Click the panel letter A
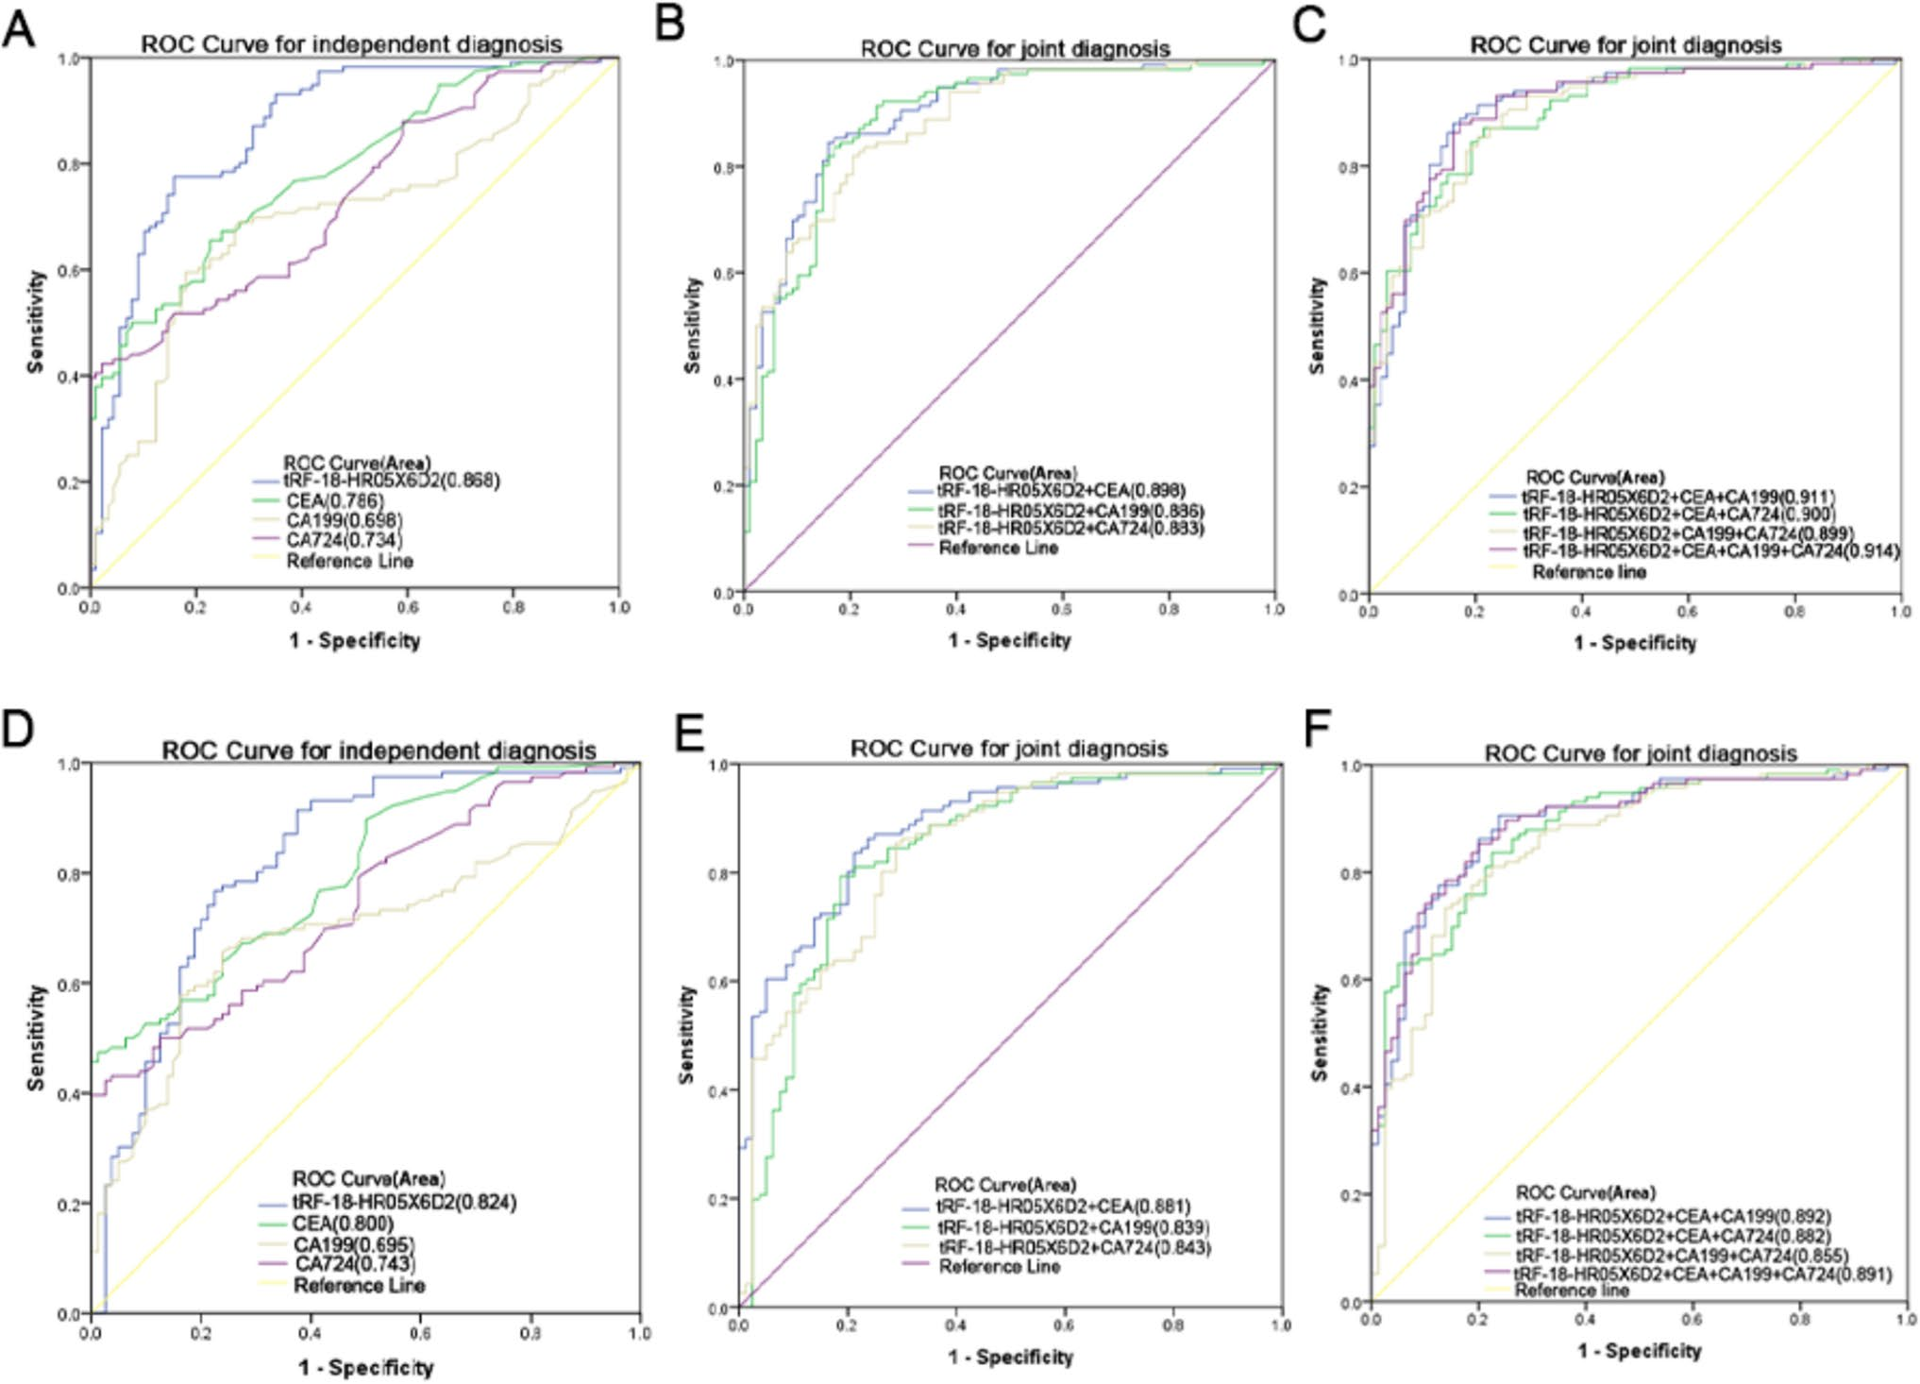[x=19, y=28]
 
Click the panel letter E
[x=690, y=732]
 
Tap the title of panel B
[x=1015, y=48]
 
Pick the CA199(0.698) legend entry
[x=344, y=520]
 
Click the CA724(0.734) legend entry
[x=344, y=540]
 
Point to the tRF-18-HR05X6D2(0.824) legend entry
[x=404, y=1202]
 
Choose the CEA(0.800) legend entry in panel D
[x=342, y=1224]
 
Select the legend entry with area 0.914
[x=1709, y=551]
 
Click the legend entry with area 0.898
[x=1061, y=490]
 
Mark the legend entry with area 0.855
[x=1681, y=1256]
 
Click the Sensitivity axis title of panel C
[x=1317, y=326]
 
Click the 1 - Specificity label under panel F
[x=1639, y=1351]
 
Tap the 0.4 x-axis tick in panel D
[x=310, y=1334]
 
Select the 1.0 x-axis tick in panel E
[x=1280, y=1325]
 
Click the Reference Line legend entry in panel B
[x=998, y=549]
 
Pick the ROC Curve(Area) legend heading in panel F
[x=1586, y=1192]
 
